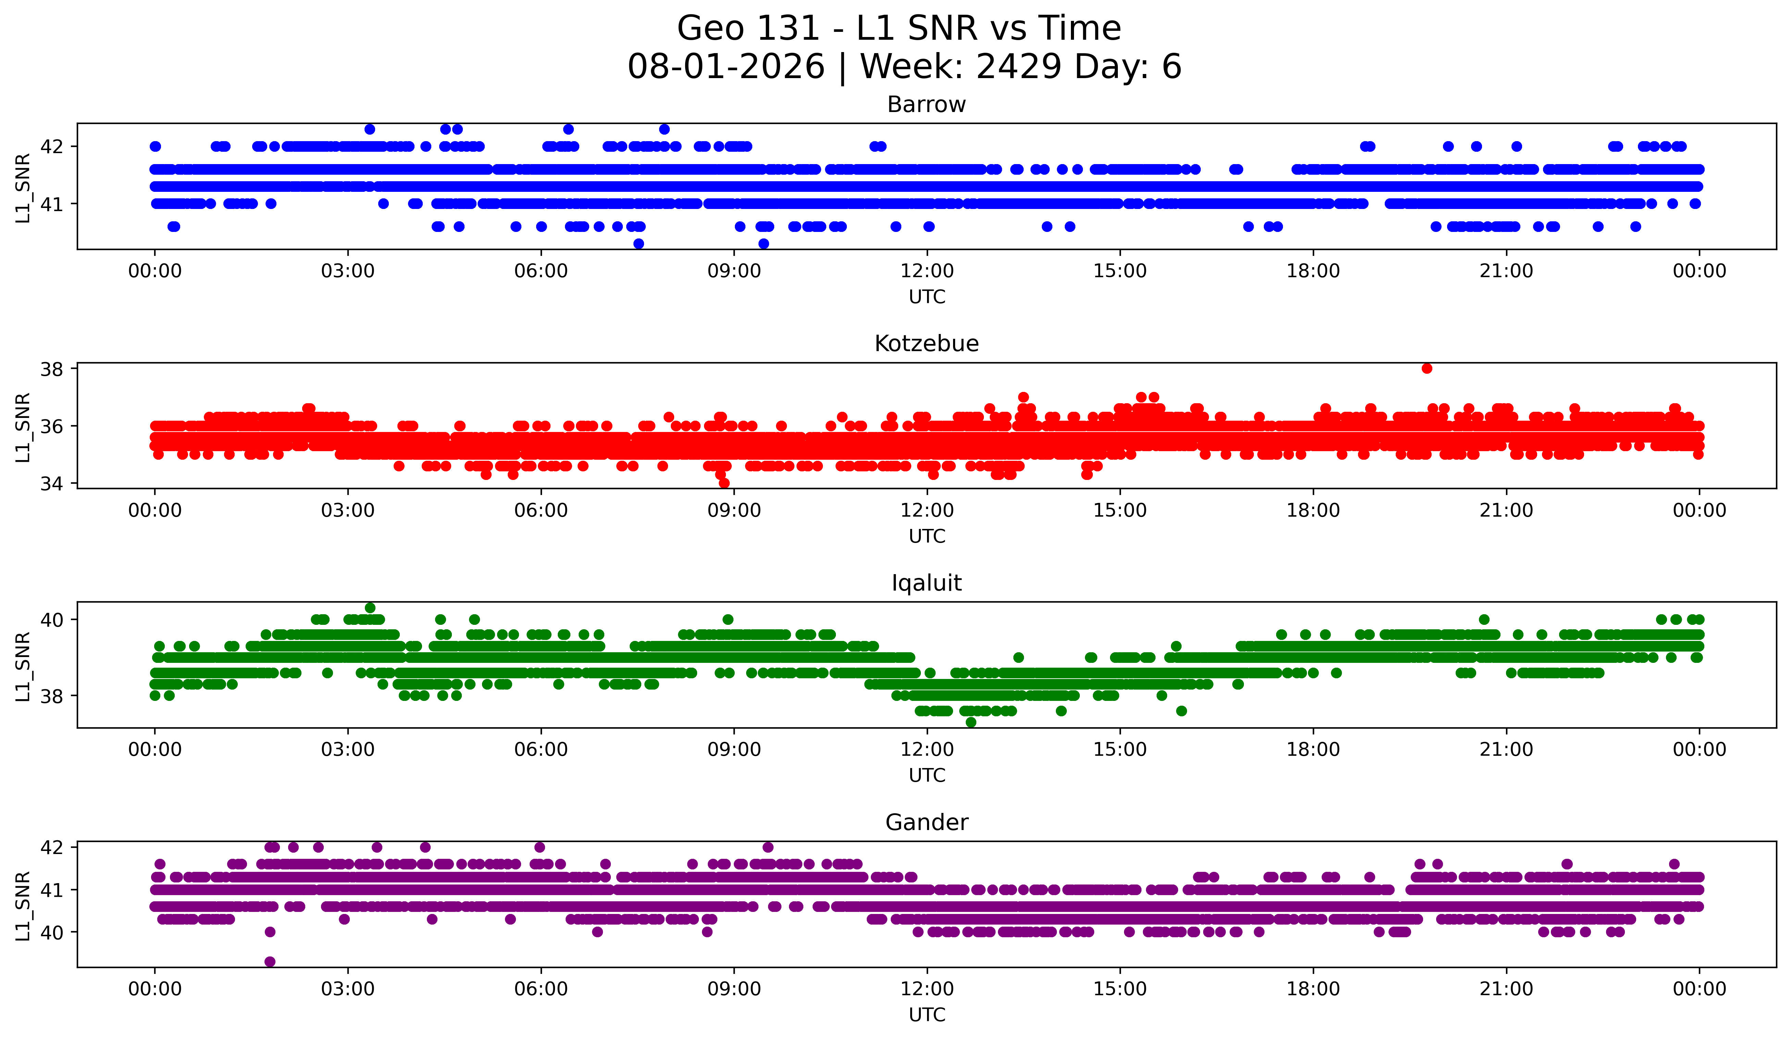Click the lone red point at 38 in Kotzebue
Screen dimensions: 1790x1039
[1427, 369]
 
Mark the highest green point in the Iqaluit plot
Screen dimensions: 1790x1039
[370, 608]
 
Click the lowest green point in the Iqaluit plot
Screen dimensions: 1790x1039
[971, 722]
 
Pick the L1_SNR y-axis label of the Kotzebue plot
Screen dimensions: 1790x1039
[23, 427]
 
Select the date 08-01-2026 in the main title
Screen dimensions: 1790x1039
[726, 67]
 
